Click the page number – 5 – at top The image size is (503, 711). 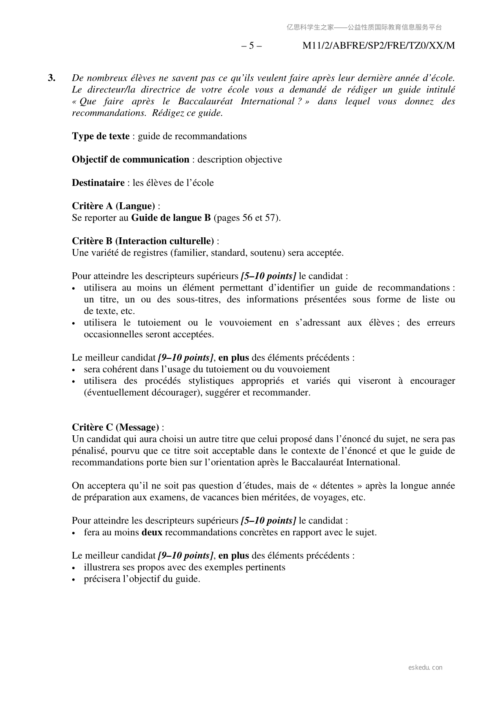(x=251, y=46)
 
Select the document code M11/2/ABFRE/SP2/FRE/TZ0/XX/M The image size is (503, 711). (x=379, y=46)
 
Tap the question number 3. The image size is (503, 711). (x=52, y=78)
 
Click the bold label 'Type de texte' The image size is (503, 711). (x=101, y=136)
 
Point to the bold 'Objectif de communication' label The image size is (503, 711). (x=131, y=160)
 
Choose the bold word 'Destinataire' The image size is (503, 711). (x=98, y=183)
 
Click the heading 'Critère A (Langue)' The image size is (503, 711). (x=113, y=206)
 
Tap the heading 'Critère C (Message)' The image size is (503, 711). (x=115, y=427)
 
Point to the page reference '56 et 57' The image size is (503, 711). (x=259, y=218)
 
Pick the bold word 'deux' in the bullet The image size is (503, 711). (x=152, y=532)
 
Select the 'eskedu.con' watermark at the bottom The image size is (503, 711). (x=426, y=668)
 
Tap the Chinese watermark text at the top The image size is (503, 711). (x=364, y=27)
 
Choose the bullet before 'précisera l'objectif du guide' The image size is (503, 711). (x=74, y=580)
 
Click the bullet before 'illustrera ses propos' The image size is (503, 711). (x=74, y=568)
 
